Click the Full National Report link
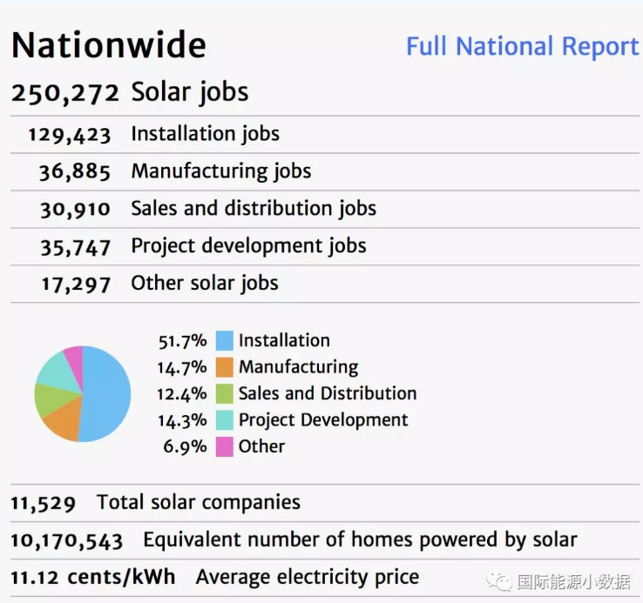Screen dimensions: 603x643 pyautogui.click(x=522, y=46)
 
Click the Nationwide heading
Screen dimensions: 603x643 pyautogui.click(x=109, y=45)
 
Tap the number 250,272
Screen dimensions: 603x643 pyautogui.click(x=65, y=93)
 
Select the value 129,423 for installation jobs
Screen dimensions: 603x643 pyautogui.click(x=70, y=135)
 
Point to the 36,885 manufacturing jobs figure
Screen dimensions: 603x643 pyautogui.click(x=75, y=172)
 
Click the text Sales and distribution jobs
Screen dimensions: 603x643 pyautogui.click(x=254, y=209)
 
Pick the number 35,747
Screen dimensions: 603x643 pyautogui.click(x=75, y=247)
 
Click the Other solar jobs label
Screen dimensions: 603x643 pyautogui.click(x=205, y=284)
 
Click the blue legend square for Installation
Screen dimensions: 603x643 pyautogui.click(x=224, y=341)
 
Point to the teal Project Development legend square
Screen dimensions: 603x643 pyautogui.click(x=224, y=420)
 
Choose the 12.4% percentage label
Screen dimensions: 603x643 pyautogui.click(x=182, y=394)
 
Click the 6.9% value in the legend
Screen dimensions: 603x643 pyautogui.click(x=186, y=447)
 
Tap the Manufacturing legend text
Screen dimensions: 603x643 pyautogui.click(x=298, y=367)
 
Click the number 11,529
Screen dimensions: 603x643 pyautogui.click(x=44, y=503)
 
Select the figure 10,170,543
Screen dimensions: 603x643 pyautogui.click(x=66, y=541)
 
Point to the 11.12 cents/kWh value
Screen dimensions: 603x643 pyautogui.click(x=92, y=578)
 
